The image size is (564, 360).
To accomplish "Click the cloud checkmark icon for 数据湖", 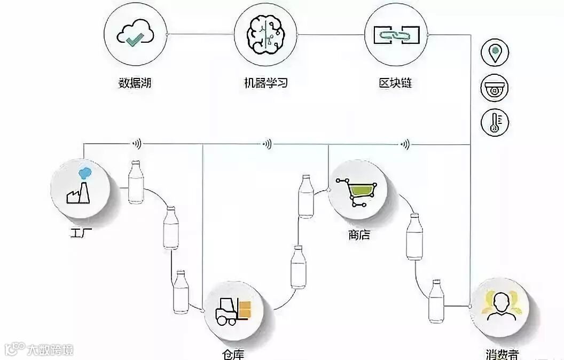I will (x=135, y=35).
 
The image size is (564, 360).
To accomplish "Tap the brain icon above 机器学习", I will (x=265, y=35).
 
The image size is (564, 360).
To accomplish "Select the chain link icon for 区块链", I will (x=395, y=35).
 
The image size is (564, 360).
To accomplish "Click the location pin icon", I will (x=495, y=53).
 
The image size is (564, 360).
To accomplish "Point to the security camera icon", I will (x=495, y=89).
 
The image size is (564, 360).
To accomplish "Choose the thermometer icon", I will (x=495, y=123).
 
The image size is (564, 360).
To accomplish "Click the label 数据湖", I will (x=135, y=83).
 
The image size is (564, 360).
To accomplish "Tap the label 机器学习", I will (x=265, y=83).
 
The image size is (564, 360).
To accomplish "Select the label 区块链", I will (x=395, y=83).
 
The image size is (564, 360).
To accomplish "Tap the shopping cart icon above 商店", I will (x=357, y=191).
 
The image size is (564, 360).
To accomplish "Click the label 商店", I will (x=358, y=235).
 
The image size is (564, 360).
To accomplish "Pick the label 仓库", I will (x=234, y=355).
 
